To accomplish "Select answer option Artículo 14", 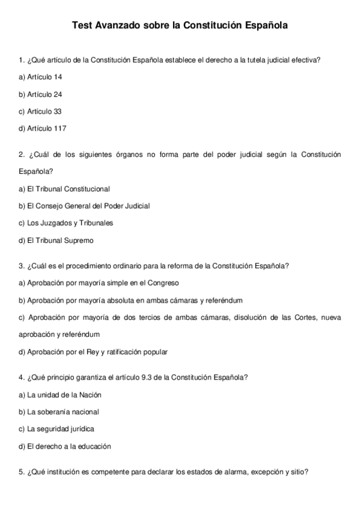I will pos(40,77).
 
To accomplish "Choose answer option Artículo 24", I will pos(40,94).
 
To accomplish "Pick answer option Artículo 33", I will pos(40,111).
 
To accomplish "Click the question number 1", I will pos(21,60).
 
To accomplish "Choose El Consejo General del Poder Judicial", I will pos(84,206).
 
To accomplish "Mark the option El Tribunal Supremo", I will pos(56,240).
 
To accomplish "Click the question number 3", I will pos(21,265).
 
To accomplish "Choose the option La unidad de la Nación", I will pos(60,395).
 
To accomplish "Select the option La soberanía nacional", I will pos(59,412).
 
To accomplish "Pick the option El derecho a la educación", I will pos(65,446).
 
